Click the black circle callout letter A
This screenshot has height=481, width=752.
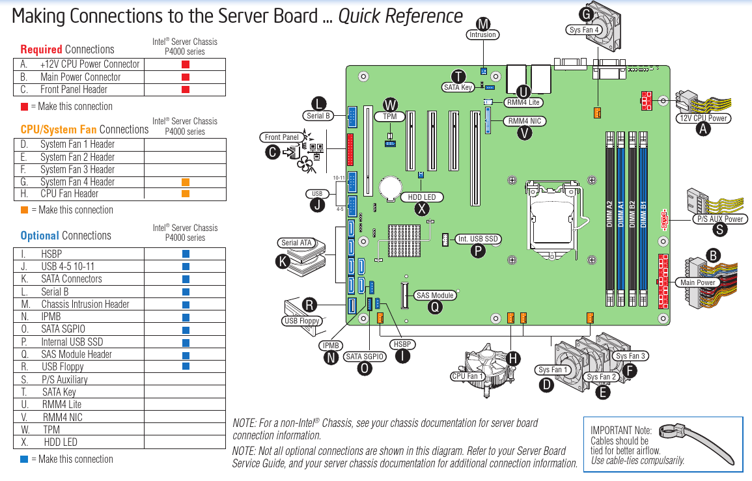pos(703,129)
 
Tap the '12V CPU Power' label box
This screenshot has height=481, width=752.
pos(703,118)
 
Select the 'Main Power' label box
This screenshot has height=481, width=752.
pos(698,282)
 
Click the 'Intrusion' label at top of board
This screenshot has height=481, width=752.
pos(482,35)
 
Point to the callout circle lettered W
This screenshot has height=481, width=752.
pos(390,105)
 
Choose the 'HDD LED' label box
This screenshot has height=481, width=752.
pos(422,197)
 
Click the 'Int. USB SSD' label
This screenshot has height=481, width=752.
pos(478,239)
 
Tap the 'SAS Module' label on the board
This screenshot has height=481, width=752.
pos(435,295)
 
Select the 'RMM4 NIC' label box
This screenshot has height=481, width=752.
pos(525,121)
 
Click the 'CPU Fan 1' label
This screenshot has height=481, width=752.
pos(467,376)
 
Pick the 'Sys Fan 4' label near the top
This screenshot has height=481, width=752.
pos(584,30)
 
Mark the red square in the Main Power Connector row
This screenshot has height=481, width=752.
pos(186,77)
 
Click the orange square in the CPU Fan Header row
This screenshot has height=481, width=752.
pos(186,194)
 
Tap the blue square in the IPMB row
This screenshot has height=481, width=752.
pos(186,317)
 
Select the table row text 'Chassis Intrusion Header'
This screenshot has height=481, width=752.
pos(85,304)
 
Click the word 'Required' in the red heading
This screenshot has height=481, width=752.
pos(41,49)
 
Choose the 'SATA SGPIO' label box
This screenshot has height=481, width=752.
pos(365,357)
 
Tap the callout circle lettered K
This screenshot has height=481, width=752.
pos(283,262)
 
